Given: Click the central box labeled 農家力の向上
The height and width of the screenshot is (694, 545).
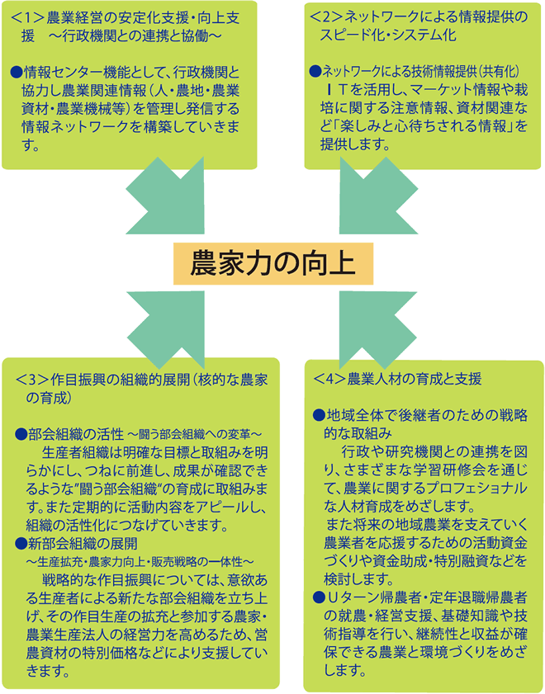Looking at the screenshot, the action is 272,263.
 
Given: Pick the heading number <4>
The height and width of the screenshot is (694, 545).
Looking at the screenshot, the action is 329,379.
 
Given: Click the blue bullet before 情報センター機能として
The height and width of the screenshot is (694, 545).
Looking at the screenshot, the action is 17,71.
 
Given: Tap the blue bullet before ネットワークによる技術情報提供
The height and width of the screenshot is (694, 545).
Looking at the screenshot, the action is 315,71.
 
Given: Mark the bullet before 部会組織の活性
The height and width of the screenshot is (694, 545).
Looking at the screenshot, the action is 21,434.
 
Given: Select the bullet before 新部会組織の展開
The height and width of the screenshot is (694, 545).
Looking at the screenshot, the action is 21,543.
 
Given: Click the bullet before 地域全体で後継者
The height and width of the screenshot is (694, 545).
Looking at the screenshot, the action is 319,415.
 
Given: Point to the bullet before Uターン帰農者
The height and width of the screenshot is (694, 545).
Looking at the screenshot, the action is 319,597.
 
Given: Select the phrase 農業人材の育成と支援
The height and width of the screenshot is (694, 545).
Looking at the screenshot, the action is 415,379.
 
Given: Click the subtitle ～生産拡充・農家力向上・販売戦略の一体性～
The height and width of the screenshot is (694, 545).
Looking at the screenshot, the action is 140,562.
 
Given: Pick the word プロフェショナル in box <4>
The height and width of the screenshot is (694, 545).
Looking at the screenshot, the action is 476,488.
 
